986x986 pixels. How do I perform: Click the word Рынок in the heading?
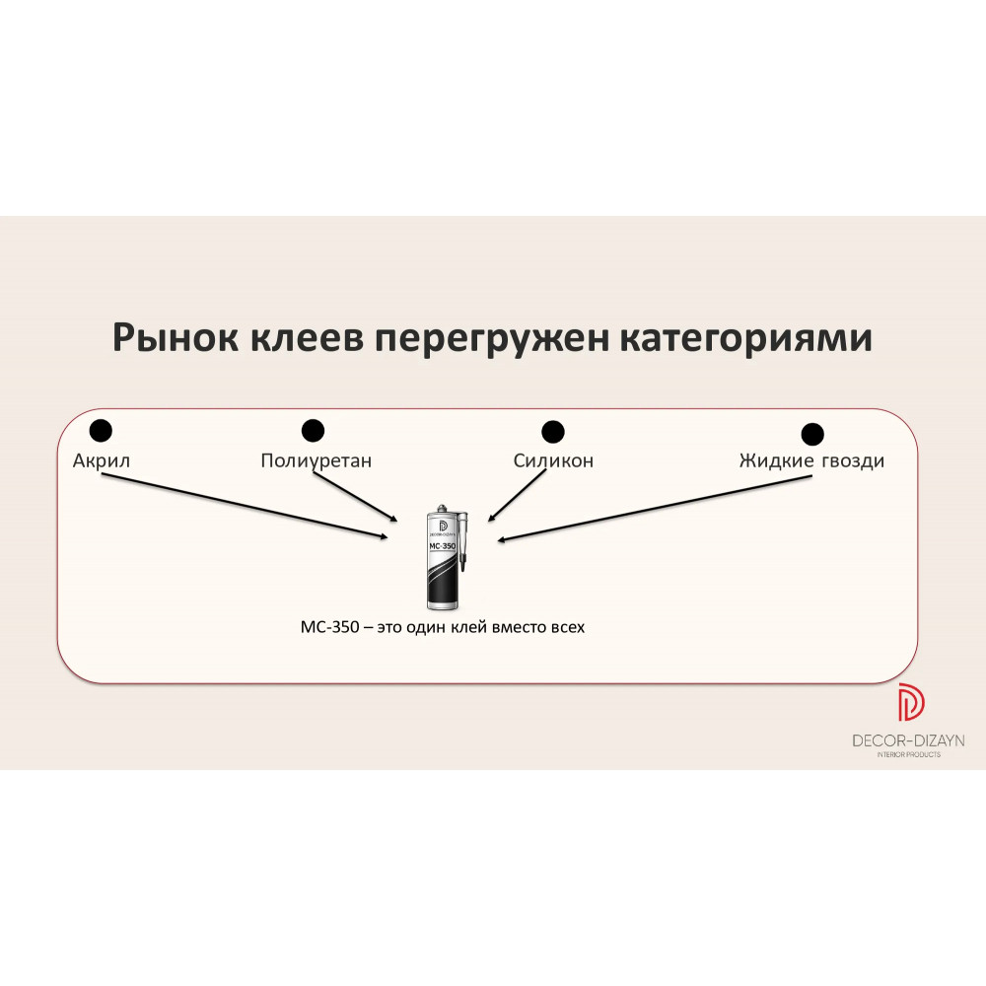tap(176, 338)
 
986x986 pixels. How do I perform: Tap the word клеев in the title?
tap(308, 337)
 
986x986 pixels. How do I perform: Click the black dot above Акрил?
tap(101, 431)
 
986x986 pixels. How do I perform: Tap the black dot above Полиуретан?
tap(313, 431)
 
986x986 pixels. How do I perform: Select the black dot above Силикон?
tap(553, 432)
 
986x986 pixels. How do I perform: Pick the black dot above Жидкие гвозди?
tap(812, 434)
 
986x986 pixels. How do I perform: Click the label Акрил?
tap(102, 461)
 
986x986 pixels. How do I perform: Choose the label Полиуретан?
tap(317, 461)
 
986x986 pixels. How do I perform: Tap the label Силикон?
tap(553, 460)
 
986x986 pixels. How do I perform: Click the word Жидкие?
tap(777, 460)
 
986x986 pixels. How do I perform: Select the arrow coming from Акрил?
tap(246, 506)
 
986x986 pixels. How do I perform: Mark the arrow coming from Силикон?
tap(517, 496)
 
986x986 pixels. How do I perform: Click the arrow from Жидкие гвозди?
tap(655, 508)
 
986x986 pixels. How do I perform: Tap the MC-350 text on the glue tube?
tap(442, 546)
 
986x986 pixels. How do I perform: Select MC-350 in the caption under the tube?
tap(329, 627)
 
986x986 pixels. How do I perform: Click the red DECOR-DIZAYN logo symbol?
tap(910, 702)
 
